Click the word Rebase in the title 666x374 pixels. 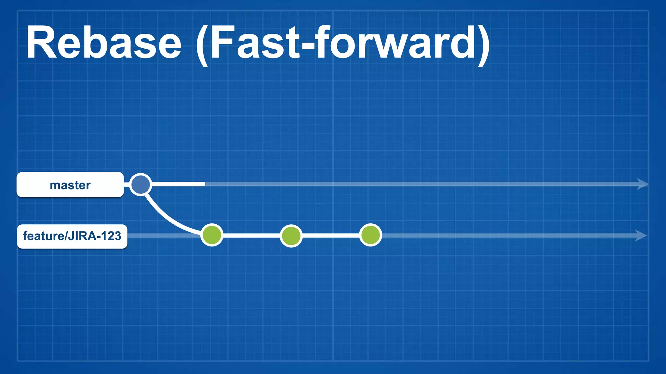(103, 43)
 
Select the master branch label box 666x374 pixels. (70, 185)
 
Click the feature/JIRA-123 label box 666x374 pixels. (72, 236)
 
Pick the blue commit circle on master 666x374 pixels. (140, 184)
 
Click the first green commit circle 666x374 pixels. (212, 235)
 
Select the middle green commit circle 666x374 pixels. (291, 236)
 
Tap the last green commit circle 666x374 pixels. (371, 235)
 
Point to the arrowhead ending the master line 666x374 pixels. (642, 184)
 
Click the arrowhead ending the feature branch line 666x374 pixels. (641, 235)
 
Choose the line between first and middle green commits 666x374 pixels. (251, 235)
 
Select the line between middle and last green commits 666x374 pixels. (331, 235)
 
